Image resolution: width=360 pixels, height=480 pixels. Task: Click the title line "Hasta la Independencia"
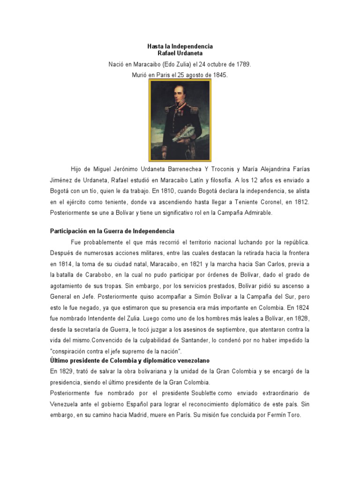pyautogui.click(x=180, y=46)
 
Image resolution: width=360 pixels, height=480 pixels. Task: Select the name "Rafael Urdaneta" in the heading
pyautogui.click(x=180, y=54)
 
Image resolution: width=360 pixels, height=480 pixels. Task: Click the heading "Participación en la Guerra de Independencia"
pyautogui.click(x=112, y=231)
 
